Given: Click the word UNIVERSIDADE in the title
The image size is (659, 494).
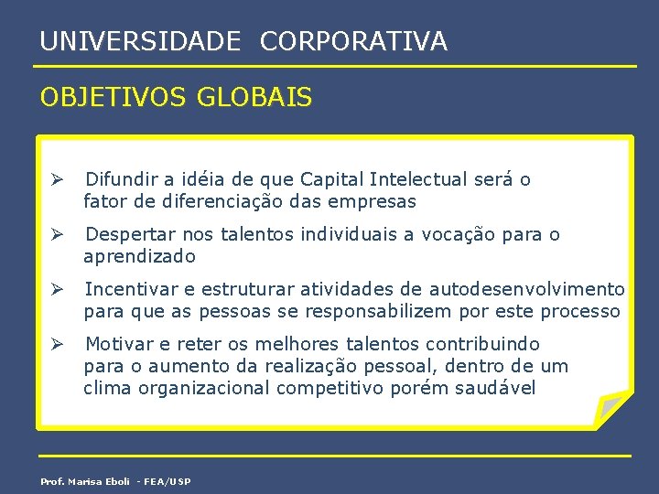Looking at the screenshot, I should [x=141, y=41].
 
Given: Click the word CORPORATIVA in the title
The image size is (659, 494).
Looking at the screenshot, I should [x=353, y=41].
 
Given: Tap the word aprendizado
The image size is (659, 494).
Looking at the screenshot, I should [x=140, y=257].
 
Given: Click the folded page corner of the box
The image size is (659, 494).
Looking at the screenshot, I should [x=611, y=405].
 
